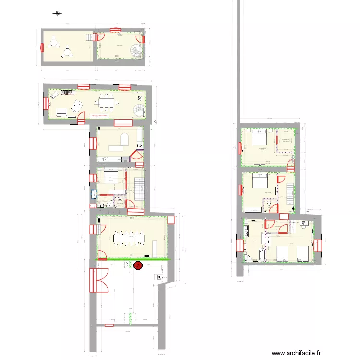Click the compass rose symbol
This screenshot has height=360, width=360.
(57, 13)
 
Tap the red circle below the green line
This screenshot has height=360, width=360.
(139, 264)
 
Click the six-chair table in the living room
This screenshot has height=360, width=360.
(107, 102)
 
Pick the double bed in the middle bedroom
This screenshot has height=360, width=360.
(260, 181)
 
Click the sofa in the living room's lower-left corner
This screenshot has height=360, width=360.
(61, 112)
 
